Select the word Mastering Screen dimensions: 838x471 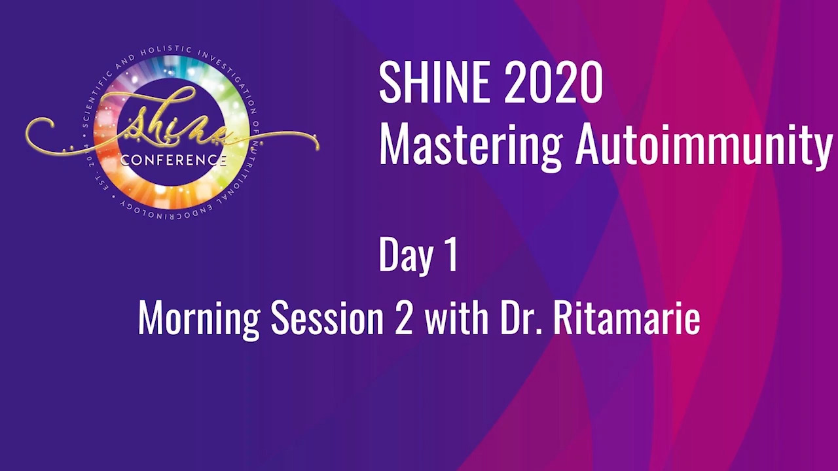[x=470, y=144]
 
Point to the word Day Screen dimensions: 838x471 [x=405, y=254]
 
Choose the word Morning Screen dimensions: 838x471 [x=199, y=319]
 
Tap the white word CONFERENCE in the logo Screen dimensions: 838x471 [x=173, y=160]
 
